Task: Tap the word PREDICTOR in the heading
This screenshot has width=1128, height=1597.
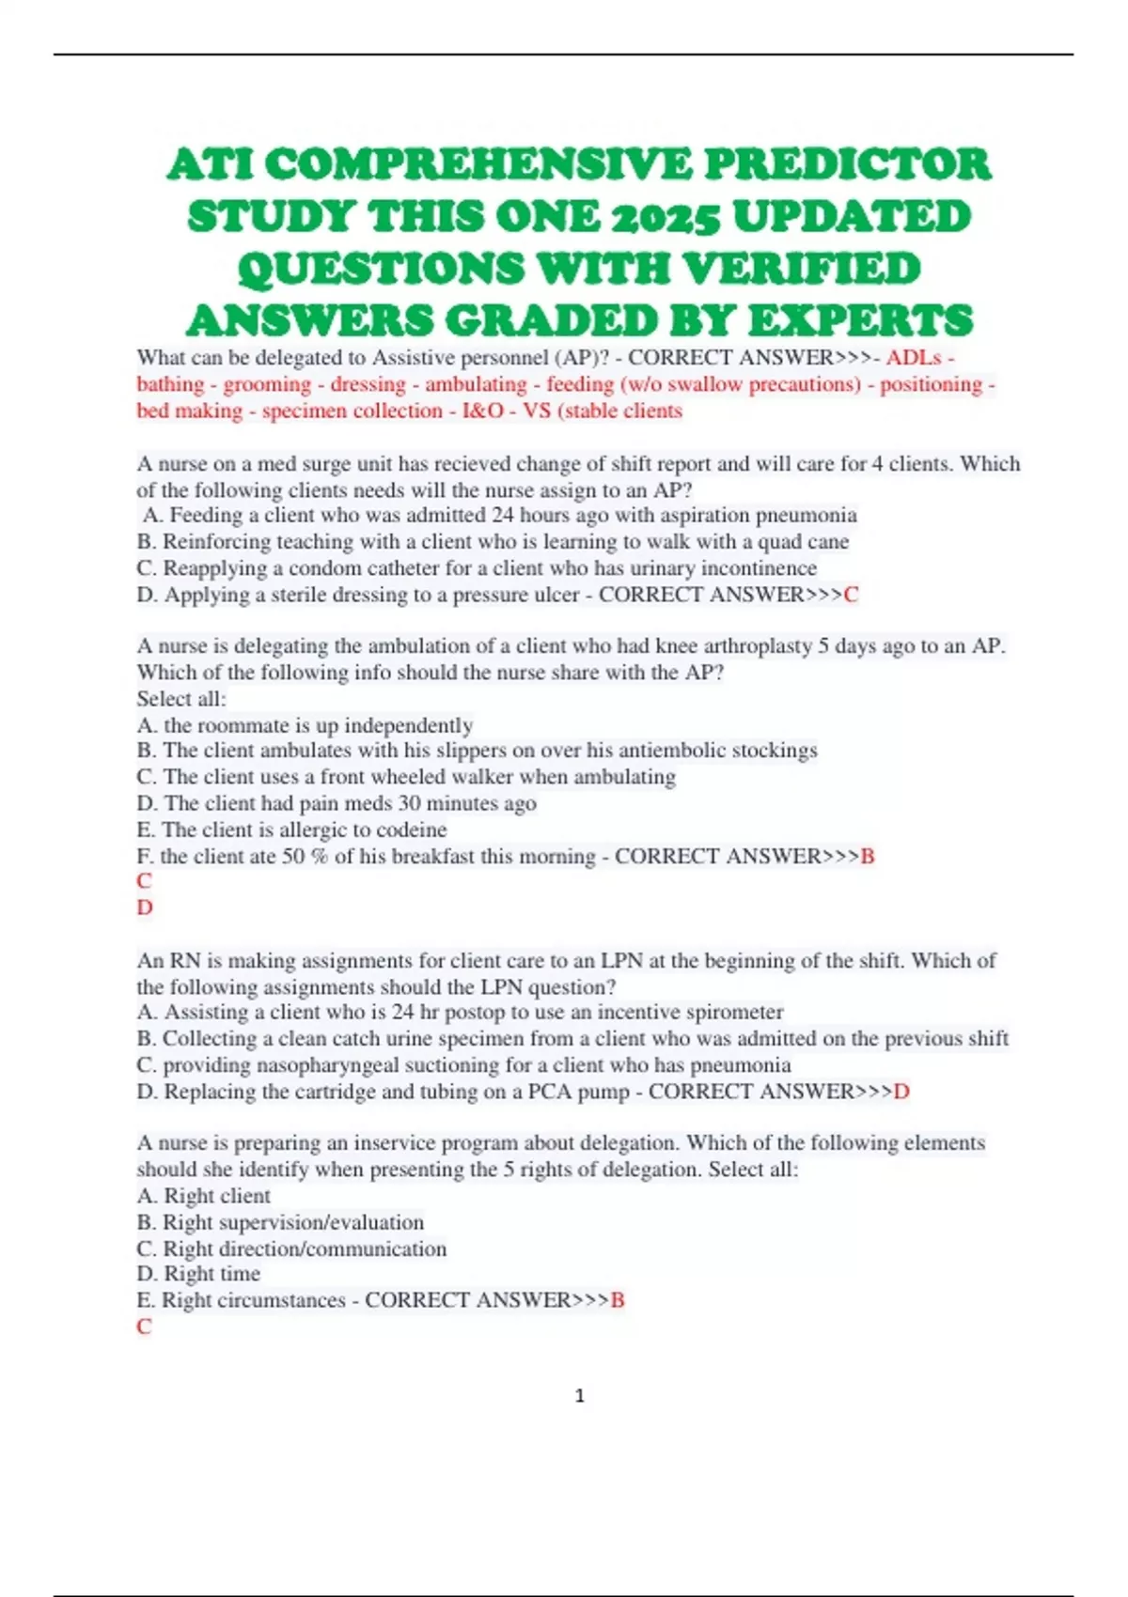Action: (847, 164)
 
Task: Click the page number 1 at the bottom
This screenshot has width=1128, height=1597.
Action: (579, 1396)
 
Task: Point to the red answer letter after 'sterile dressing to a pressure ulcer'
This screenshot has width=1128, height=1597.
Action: (852, 595)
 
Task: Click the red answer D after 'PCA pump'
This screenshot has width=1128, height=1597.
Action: (901, 1092)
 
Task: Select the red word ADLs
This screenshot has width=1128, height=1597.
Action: (914, 358)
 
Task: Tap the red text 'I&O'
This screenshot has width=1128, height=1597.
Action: (482, 411)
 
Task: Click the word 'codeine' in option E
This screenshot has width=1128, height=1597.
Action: (411, 830)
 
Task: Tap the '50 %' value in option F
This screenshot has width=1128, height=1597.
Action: (304, 857)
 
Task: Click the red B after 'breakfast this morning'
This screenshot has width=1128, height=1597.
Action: (867, 857)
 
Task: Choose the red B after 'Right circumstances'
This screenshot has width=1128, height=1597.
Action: (618, 1300)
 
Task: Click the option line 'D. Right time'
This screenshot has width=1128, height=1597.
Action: (198, 1274)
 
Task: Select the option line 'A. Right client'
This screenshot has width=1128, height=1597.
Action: (203, 1196)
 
